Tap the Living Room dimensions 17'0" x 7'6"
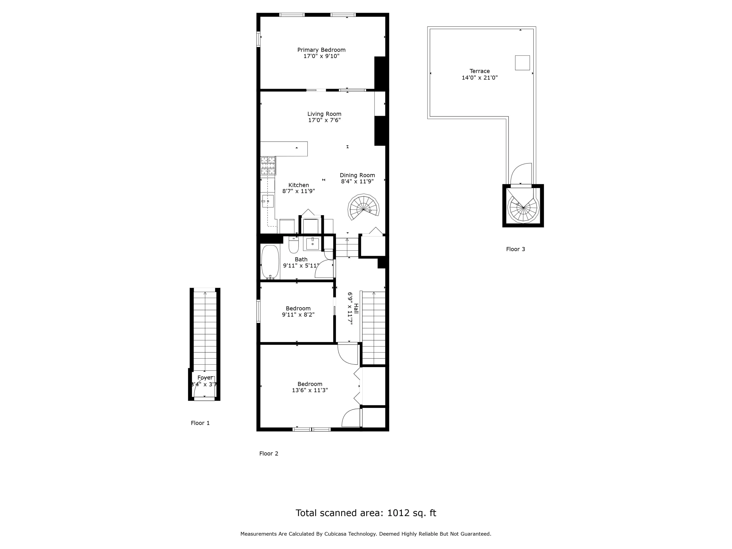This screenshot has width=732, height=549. point(324,120)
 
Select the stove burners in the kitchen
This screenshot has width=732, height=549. point(268,166)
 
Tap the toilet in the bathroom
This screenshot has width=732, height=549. point(294,245)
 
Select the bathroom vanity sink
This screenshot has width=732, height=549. point(312,244)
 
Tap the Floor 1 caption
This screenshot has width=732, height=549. point(200,423)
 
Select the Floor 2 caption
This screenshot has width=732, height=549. point(269,453)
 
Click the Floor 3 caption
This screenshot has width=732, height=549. point(516,249)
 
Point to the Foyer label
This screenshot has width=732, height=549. point(205,377)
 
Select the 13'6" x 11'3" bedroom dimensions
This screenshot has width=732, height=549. point(310,390)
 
